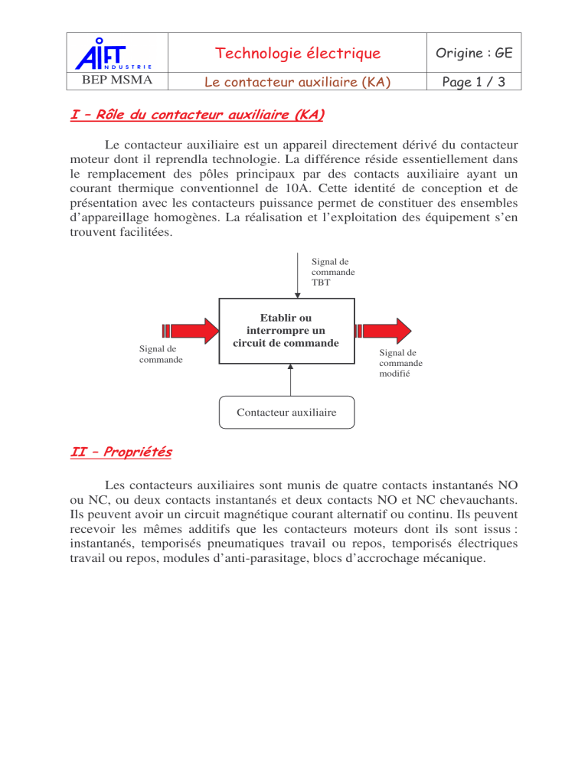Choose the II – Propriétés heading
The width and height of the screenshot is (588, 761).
pyautogui.click(x=119, y=452)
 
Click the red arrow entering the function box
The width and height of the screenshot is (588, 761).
pyautogui.click(x=191, y=330)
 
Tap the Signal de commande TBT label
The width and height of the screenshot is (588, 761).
pyautogui.click(x=333, y=272)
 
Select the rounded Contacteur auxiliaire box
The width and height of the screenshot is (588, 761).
pyautogui.click(x=286, y=413)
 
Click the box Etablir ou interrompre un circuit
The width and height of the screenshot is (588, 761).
pyautogui.click(x=287, y=330)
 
